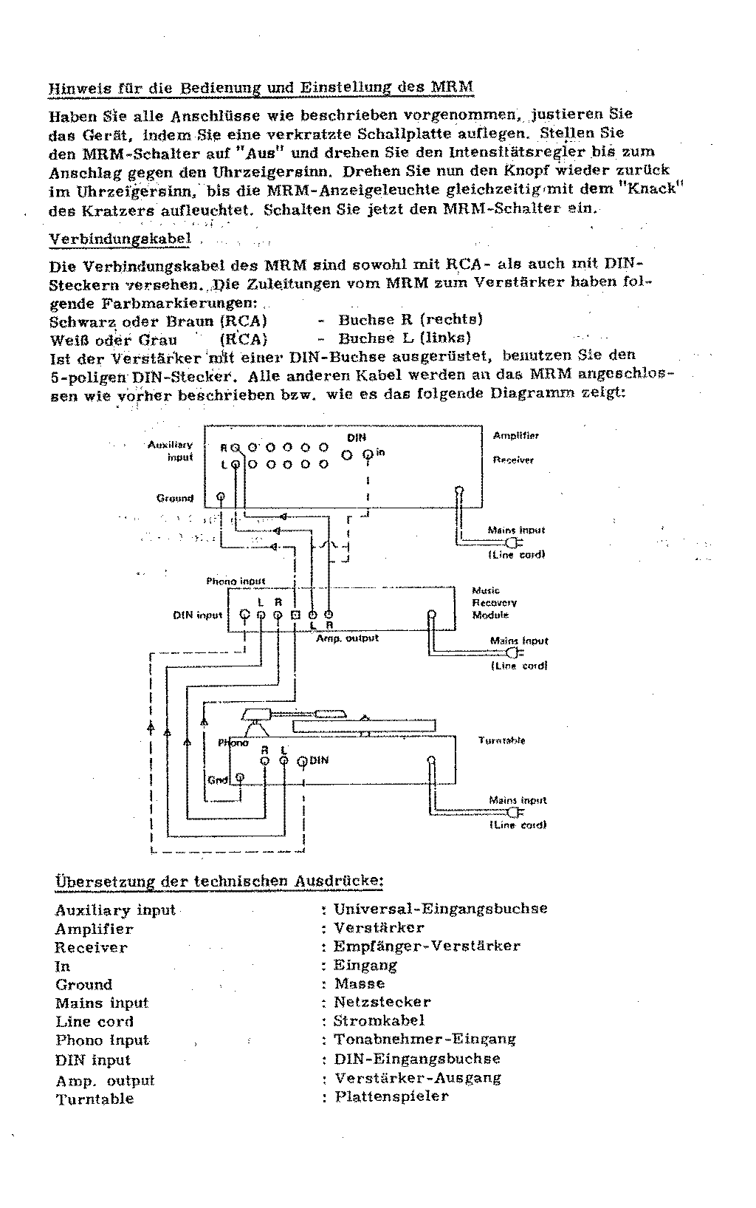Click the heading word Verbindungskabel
pos(120,239)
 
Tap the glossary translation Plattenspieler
pos(391,1096)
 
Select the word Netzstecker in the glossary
pos(382,1003)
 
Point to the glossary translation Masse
pos(360,984)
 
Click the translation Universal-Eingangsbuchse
pos(440,909)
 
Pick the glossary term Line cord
pos(94,1022)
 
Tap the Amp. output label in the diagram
pos(347,638)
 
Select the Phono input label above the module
pos(236,581)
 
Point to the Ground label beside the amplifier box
pos(175,498)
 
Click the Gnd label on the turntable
pos(218,780)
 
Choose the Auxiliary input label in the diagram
pos(171,451)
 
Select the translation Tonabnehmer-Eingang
pos(425,1040)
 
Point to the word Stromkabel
pos(379,1021)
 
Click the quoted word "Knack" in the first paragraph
pos(652,189)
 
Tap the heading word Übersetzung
pos(100,881)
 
